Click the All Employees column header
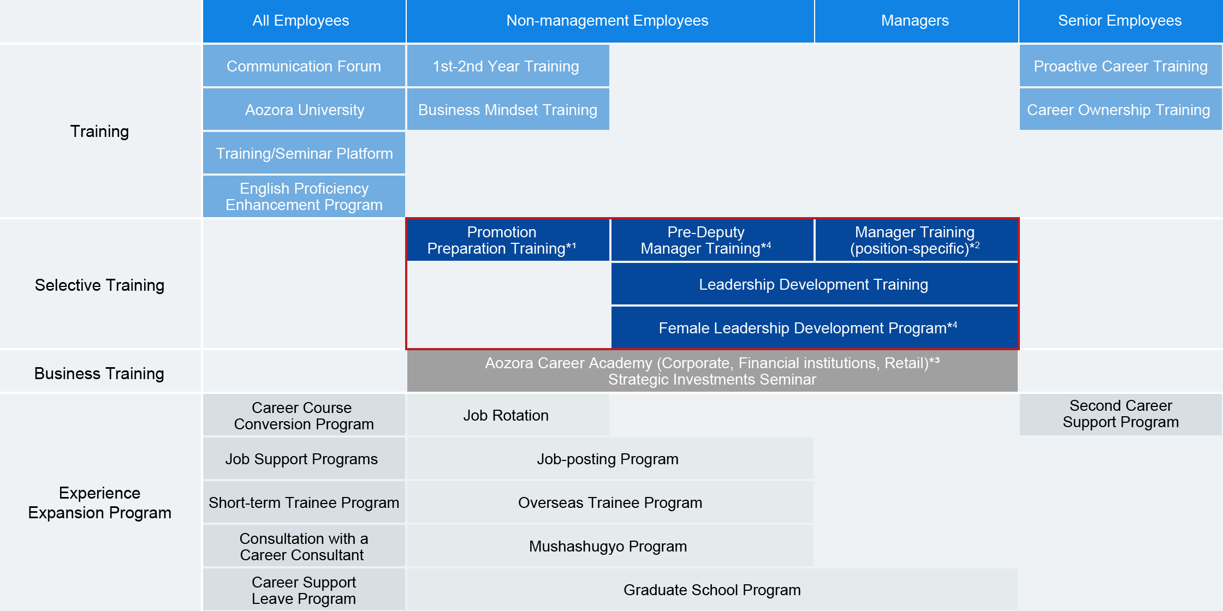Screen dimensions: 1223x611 304,21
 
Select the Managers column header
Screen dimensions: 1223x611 916,21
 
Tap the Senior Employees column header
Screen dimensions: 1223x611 1121,21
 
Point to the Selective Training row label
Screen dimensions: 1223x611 100,285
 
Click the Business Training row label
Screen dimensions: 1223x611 100,373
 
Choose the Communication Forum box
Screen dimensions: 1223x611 304,65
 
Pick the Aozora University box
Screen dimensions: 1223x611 304,109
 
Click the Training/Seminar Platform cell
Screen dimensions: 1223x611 304,153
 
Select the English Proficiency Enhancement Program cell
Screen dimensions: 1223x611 304,196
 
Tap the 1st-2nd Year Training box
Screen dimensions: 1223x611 508,65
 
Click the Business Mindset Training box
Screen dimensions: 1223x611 508,109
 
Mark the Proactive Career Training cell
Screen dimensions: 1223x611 1121,65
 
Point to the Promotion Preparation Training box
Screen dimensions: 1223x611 508,240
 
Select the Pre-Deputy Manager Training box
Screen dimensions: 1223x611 713,240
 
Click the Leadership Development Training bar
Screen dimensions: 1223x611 815,284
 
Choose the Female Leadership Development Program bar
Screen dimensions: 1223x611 815,327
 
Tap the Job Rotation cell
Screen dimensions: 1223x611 508,415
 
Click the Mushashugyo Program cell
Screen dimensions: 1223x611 610,546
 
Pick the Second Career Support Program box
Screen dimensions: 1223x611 1121,415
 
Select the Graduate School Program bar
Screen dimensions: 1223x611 713,589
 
